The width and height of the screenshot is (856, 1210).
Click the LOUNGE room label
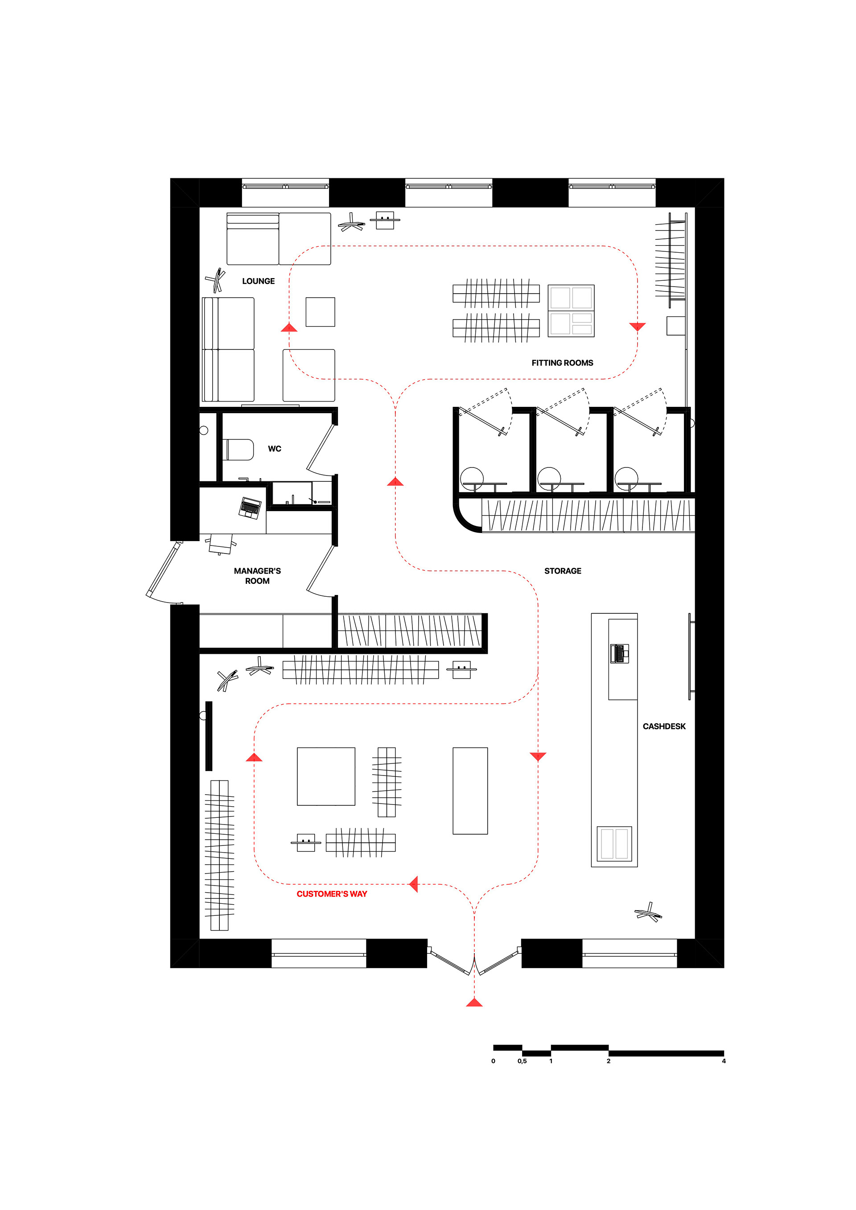[x=258, y=281]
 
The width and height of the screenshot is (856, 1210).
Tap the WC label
[x=275, y=449]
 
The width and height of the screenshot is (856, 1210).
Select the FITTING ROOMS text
[x=562, y=363]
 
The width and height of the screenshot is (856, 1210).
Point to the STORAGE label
[x=563, y=571]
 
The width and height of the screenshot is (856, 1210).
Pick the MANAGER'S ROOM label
[x=257, y=576]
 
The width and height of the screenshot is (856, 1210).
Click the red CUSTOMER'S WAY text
[x=332, y=894]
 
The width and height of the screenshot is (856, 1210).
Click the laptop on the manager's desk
[x=250, y=508]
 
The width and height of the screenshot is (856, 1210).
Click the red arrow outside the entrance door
[x=474, y=1002]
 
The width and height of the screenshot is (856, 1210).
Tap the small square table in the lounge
[x=321, y=312]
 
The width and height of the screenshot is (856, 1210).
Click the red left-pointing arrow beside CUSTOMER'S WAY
[x=414, y=884]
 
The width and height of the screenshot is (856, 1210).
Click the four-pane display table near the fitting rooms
[x=571, y=311]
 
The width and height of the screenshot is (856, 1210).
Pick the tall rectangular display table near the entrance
[x=470, y=791]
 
